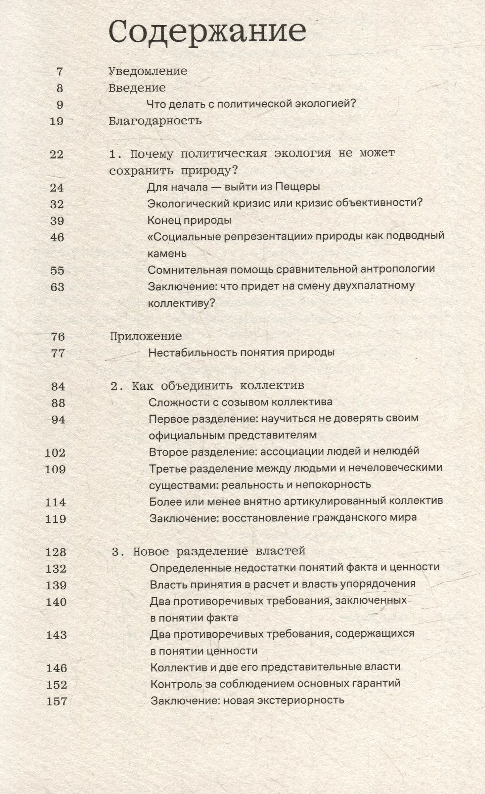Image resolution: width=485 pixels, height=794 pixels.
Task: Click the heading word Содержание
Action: (208, 31)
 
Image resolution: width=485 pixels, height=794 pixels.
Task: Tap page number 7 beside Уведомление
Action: (60, 72)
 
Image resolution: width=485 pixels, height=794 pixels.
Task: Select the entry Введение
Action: (137, 88)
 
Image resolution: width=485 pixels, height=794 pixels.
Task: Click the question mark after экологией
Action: (353, 104)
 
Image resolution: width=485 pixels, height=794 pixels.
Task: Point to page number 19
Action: (57, 121)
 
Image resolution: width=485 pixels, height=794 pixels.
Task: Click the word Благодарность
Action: (155, 121)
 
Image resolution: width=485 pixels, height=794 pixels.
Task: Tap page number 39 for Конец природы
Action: (57, 221)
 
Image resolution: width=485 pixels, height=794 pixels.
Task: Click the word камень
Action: (167, 254)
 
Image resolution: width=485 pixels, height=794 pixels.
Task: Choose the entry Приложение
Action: (146, 336)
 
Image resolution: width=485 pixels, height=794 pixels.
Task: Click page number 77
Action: (58, 353)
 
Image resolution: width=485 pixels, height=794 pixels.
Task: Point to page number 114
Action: (56, 502)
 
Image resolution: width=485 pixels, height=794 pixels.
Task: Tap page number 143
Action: (56, 635)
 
